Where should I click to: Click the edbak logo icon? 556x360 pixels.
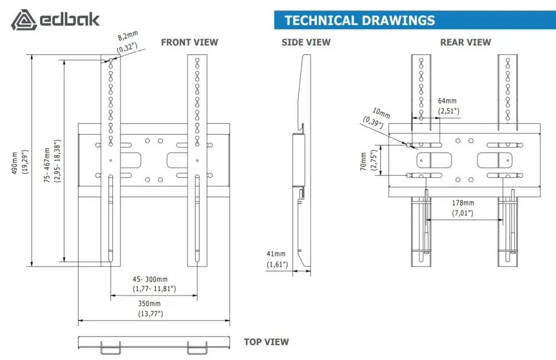(x=24, y=20)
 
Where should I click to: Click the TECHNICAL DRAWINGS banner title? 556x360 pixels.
(x=360, y=21)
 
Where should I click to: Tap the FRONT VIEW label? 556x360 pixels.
(x=190, y=42)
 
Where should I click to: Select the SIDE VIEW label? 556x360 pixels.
(x=306, y=42)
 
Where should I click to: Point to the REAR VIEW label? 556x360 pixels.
(x=465, y=42)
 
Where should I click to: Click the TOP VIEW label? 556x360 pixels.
(x=266, y=342)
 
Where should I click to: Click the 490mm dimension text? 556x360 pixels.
(x=15, y=163)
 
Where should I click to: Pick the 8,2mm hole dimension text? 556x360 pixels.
(x=128, y=36)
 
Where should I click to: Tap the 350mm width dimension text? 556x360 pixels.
(x=149, y=304)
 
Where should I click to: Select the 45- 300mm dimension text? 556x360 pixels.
(x=150, y=279)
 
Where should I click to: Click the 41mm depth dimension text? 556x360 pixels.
(x=276, y=254)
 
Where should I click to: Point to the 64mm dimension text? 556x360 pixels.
(x=447, y=101)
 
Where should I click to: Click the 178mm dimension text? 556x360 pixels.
(x=463, y=203)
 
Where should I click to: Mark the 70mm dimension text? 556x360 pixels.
(x=364, y=161)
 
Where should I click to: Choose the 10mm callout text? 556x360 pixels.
(x=381, y=113)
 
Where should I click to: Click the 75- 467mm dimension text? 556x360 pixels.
(x=47, y=165)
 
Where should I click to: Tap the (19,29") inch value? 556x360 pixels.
(x=25, y=162)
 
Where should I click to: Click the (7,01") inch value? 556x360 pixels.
(x=463, y=213)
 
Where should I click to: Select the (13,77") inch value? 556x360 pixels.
(x=150, y=313)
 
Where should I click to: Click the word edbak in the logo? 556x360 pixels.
(x=69, y=19)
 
